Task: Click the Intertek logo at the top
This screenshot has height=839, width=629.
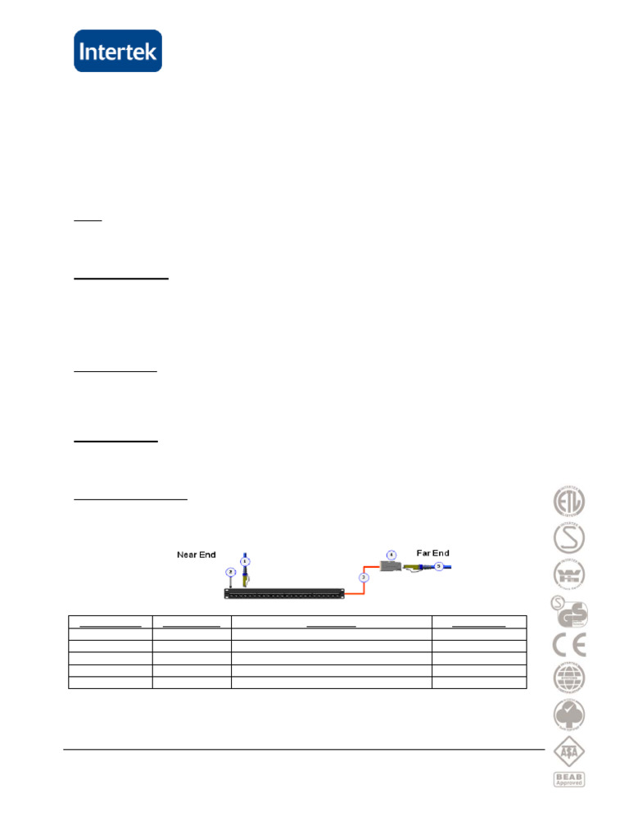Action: click(118, 51)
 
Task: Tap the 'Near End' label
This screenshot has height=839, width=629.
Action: click(197, 555)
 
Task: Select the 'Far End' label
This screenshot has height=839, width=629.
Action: click(432, 553)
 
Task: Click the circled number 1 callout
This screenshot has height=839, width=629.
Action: click(245, 561)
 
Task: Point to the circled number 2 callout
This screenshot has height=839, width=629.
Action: click(231, 572)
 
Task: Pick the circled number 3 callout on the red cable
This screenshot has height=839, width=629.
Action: click(364, 577)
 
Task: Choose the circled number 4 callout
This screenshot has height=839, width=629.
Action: click(391, 555)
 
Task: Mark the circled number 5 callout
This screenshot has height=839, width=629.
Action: click(438, 566)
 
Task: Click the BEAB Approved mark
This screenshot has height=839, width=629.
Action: click(569, 779)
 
